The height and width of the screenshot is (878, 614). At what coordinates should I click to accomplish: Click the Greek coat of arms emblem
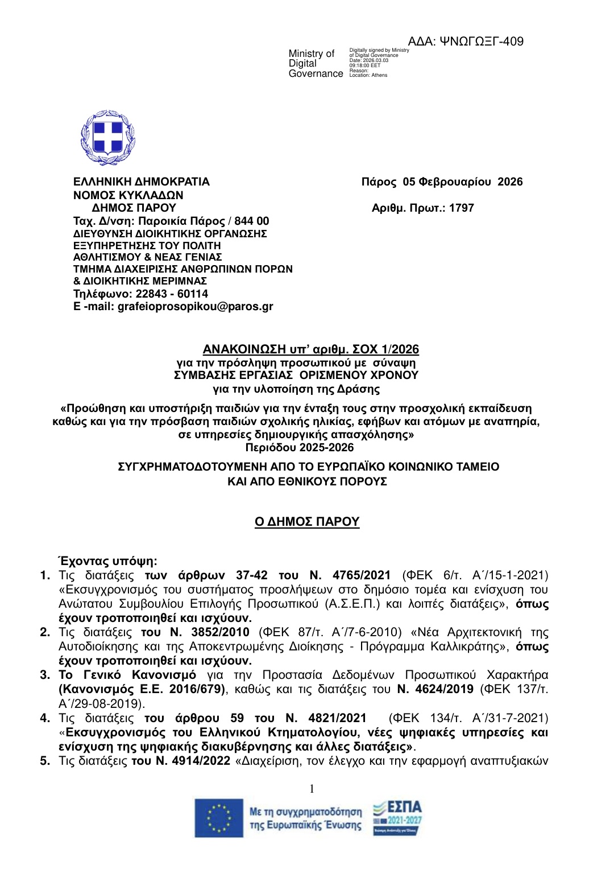click(108, 138)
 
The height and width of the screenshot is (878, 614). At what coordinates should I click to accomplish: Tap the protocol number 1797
click(461, 208)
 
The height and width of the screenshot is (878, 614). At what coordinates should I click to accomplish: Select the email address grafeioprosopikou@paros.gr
click(195, 307)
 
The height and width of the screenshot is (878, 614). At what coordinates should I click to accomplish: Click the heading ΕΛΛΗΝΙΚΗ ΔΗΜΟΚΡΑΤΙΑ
click(142, 182)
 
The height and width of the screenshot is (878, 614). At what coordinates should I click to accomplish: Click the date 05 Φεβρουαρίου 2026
click(462, 182)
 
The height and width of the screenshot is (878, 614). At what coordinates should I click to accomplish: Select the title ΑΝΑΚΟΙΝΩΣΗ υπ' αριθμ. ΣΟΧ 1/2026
click(311, 349)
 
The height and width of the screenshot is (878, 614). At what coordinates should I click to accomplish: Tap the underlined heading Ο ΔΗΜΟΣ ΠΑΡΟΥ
click(307, 522)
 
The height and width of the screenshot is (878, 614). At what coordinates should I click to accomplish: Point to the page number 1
click(312, 789)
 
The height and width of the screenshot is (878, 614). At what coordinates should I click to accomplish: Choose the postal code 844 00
click(251, 221)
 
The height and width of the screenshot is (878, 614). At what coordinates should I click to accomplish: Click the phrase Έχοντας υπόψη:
click(107, 560)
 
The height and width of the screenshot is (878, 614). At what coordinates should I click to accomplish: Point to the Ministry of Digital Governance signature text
click(316, 63)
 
